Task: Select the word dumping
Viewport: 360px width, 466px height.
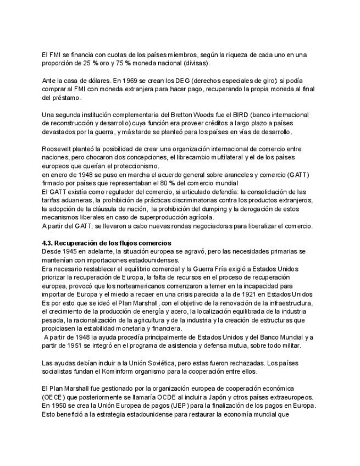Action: pyautogui.click(x=211, y=209)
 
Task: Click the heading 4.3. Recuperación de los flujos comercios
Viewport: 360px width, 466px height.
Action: pyautogui.click(x=107, y=243)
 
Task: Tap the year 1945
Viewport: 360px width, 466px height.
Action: pyautogui.click(x=71, y=251)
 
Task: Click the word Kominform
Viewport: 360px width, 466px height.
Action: pyautogui.click(x=115, y=371)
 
